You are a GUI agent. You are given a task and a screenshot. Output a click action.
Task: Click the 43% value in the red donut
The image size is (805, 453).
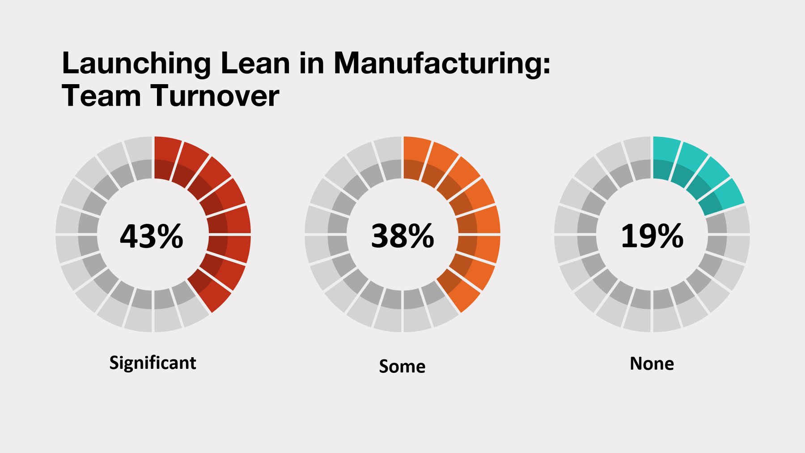coord(151,236)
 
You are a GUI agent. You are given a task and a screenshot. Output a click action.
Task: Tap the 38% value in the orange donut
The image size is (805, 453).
coord(402,236)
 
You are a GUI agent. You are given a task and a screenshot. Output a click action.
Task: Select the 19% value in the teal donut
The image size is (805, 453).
coord(652,236)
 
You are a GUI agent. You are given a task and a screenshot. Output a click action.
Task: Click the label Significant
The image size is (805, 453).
coord(153,363)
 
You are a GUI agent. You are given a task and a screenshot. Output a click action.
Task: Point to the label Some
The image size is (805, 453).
coord(402,366)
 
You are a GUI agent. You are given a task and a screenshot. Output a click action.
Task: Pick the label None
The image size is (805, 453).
coord(652,363)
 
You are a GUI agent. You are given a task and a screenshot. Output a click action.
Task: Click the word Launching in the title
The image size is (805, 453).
coord(136,64)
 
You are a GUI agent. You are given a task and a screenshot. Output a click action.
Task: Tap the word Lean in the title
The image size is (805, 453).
coord(255,64)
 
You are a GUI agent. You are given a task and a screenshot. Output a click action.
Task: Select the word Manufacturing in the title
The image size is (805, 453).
coord(442,64)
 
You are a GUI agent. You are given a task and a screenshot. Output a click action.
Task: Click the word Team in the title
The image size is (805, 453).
coord(101,96)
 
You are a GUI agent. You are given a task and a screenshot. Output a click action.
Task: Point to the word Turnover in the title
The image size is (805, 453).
coord(215,96)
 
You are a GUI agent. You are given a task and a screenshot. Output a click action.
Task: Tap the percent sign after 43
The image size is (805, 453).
coord(170,236)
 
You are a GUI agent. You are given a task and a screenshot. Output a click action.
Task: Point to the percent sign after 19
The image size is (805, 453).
coord(670,236)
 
